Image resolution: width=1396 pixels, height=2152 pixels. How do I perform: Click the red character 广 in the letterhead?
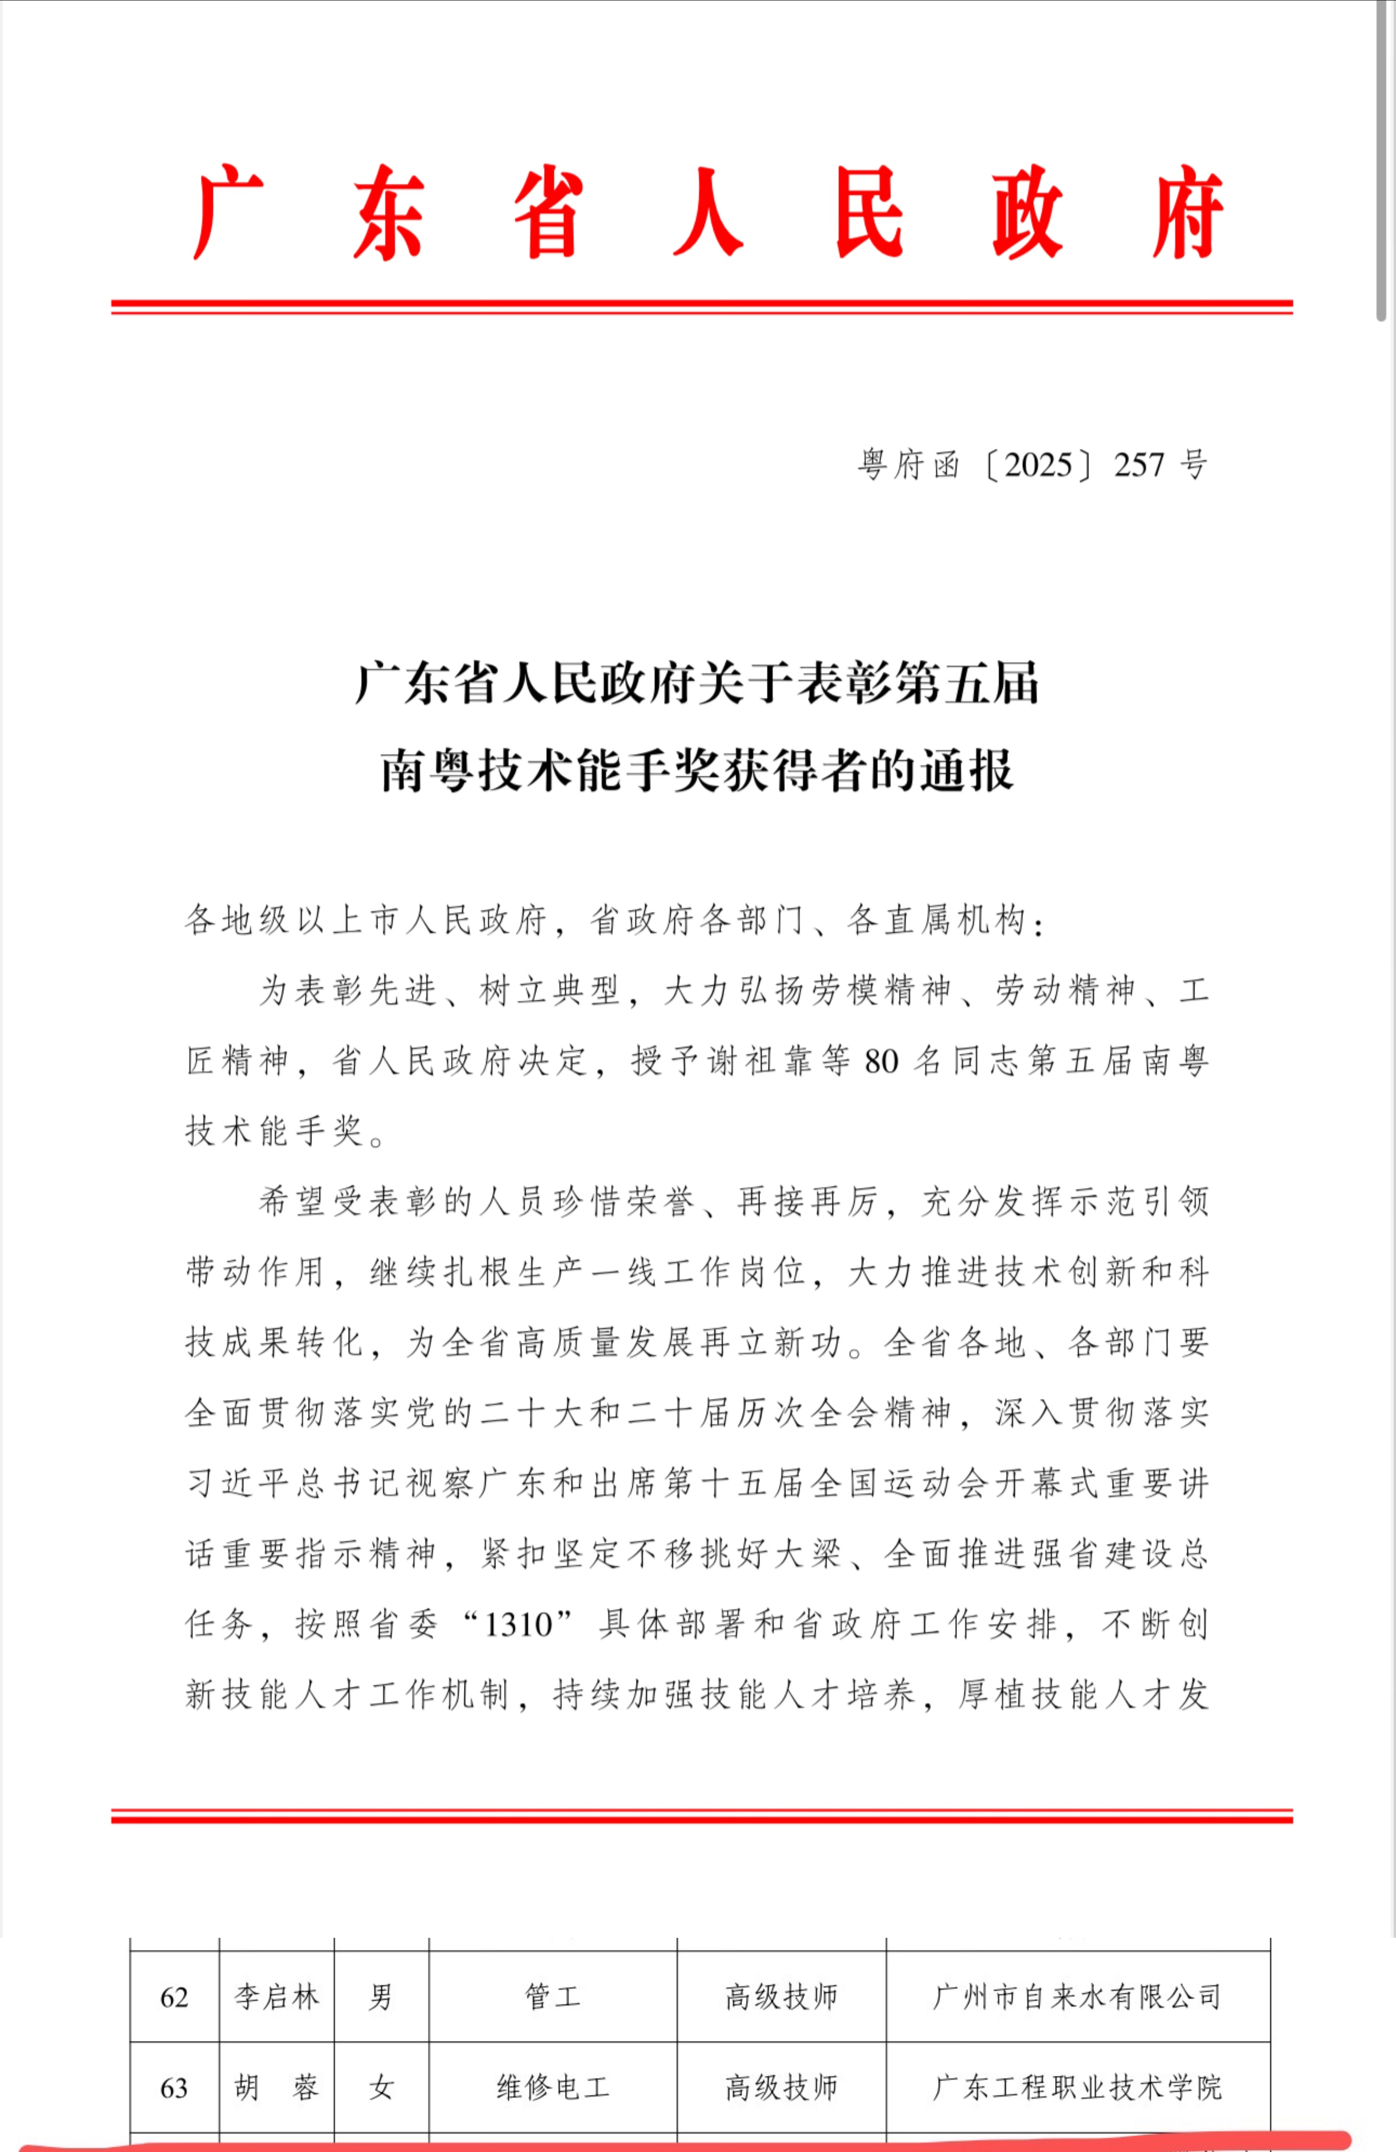[x=228, y=213]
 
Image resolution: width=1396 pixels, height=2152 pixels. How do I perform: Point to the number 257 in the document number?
[x=1138, y=465]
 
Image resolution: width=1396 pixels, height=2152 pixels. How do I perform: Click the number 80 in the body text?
[x=881, y=1061]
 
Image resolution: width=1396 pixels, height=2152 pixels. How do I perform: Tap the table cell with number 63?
[x=175, y=2088]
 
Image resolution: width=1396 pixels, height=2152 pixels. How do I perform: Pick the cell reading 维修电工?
[x=552, y=2088]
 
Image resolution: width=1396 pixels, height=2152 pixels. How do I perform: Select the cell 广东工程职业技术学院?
[x=1077, y=2088]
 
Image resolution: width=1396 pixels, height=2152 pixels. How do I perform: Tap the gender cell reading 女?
[x=380, y=2088]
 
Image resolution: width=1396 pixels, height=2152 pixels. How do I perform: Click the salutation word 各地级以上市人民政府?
[x=366, y=921]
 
